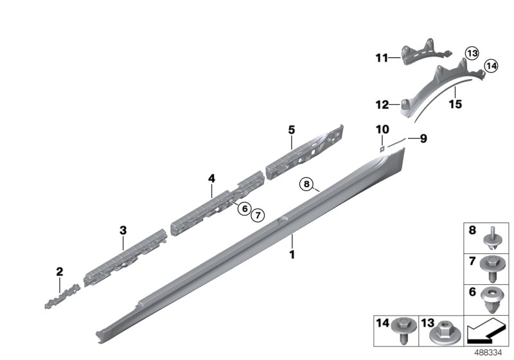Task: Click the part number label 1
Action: [x=292, y=255]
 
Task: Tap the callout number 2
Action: [x=59, y=272]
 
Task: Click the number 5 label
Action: [x=291, y=130]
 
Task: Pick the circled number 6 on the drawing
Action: [x=244, y=208]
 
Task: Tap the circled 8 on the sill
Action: [x=308, y=185]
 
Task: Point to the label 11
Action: [x=382, y=59]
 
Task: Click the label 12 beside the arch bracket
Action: [x=382, y=104]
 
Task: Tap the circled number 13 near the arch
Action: [x=472, y=53]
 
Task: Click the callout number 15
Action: [x=455, y=104]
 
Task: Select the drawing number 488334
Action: [x=490, y=352]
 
